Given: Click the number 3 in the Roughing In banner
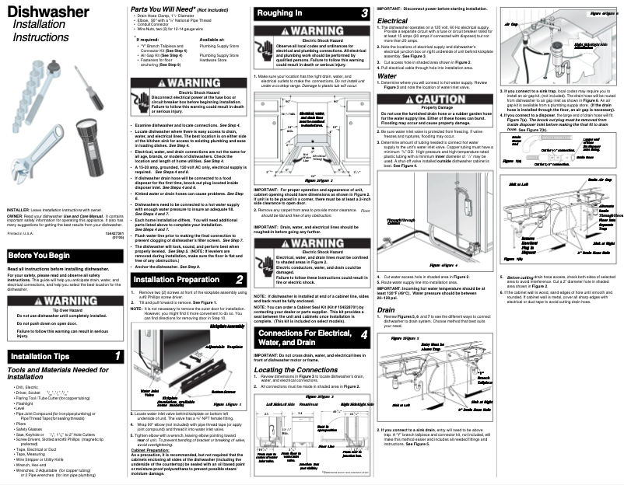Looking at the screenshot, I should pos(365,14).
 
